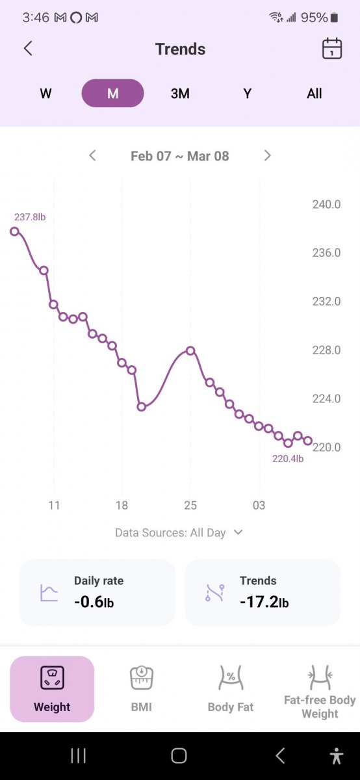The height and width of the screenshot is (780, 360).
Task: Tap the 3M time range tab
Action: tap(180, 94)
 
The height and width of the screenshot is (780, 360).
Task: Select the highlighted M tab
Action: tap(113, 93)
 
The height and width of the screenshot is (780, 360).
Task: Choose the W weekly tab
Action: tap(45, 94)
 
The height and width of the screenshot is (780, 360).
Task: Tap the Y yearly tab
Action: tap(247, 94)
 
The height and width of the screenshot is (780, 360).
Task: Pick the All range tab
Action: tap(314, 94)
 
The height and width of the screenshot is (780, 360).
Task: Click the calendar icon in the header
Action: tap(332, 48)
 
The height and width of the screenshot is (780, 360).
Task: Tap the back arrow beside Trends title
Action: tap(28, 48)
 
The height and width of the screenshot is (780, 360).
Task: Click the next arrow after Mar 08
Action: tap(267, 155)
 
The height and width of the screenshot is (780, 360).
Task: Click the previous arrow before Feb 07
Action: tap(92, 155)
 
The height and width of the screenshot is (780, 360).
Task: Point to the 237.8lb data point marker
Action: tap(15, 231)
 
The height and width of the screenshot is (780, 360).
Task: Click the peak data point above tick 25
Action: tap(190, 350)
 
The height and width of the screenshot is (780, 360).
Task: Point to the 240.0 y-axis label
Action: tap(326, 204)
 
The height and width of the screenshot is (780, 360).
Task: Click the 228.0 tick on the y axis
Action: tap(326, 350)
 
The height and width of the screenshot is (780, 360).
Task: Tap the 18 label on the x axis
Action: tap(122, 505)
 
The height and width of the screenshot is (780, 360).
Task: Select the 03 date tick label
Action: tap(259, 505)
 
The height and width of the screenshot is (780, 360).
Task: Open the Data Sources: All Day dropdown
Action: tap(179, 533)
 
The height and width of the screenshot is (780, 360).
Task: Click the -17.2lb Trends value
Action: tap(264, 602)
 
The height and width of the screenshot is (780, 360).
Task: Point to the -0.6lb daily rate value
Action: tap(94, 602)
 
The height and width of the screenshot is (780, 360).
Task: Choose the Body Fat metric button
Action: tap(231, 689)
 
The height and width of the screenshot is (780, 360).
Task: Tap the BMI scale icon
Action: tap(142, 677)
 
